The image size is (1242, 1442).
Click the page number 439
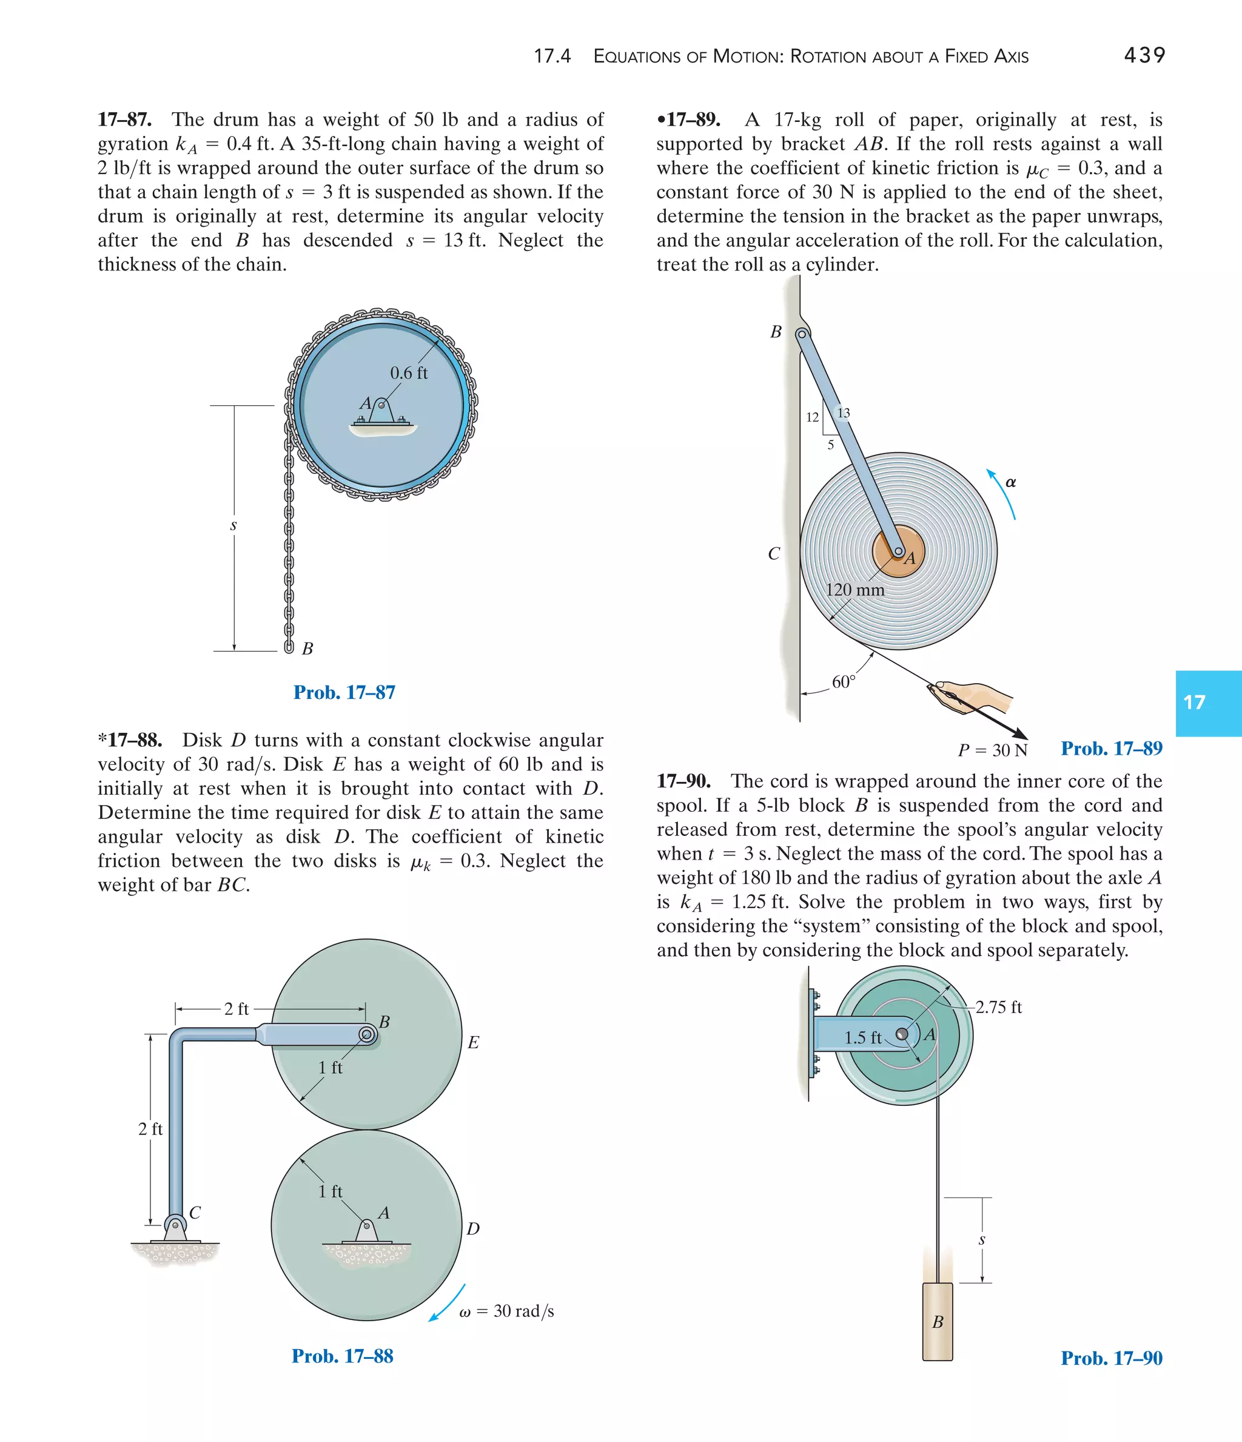(x=1144, y=55)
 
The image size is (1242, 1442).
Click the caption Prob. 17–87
(x=344, y=692)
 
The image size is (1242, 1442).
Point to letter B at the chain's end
(x=307, y=649)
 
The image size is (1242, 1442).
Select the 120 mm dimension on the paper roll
(x=854, y=590)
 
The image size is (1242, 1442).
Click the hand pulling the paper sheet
(x=974, y=696)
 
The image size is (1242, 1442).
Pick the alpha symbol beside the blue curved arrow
(x=1010, y=482)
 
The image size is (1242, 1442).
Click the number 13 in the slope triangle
(x=844, y=413)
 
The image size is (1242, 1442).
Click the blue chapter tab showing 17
(x=1208, y=703)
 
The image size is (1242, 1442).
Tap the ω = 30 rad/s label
(x=506, y=1311)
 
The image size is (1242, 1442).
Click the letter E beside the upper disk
(x=473, y=1043)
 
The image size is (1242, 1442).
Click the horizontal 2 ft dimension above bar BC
(x=236, y=1009)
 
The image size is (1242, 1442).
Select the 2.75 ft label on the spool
(x=998, y=1007)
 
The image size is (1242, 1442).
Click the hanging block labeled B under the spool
(x=937, y=1321)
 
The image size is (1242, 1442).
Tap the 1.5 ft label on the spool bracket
(x=862, y=1037)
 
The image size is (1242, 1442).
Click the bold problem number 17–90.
(x=683, y=781)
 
